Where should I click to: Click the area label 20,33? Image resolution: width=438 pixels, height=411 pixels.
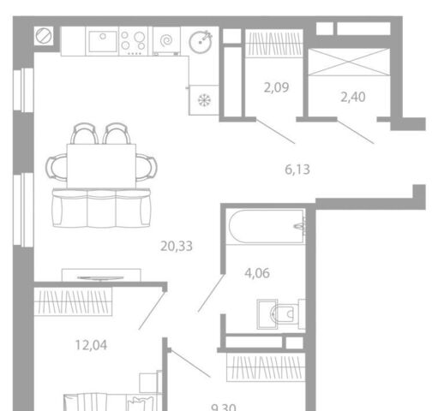177,246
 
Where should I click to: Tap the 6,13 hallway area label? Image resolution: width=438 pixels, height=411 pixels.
297,170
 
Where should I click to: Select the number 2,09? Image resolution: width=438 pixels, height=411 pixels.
276,87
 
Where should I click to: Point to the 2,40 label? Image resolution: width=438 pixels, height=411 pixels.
353,97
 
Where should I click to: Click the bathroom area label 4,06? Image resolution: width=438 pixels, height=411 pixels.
257,273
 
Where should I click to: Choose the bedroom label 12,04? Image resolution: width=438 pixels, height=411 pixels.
91,345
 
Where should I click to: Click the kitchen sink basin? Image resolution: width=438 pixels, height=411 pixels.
103,41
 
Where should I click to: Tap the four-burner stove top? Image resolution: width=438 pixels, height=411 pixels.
133,41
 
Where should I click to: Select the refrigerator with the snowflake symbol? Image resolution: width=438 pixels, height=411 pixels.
204,100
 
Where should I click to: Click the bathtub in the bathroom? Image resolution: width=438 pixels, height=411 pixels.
267,227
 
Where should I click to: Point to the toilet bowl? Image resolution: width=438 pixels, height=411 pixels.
285,314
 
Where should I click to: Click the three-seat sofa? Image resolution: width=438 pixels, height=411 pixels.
101,208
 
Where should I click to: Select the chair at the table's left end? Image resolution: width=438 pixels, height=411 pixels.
57,167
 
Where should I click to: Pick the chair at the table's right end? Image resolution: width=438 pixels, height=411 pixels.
147,167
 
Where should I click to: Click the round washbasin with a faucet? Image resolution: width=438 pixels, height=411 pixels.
201,42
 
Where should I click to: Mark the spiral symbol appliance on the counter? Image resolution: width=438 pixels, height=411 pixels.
166,40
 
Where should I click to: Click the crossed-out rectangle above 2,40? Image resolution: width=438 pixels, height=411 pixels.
349,63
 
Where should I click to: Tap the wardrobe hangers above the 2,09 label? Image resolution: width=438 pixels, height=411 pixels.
274,44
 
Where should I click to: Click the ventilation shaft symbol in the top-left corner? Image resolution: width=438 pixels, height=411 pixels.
44,36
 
